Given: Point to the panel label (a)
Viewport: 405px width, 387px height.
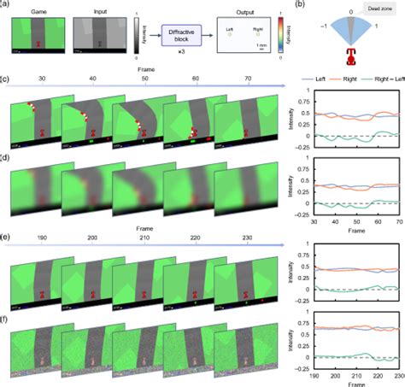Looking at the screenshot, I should pos(6,4).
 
